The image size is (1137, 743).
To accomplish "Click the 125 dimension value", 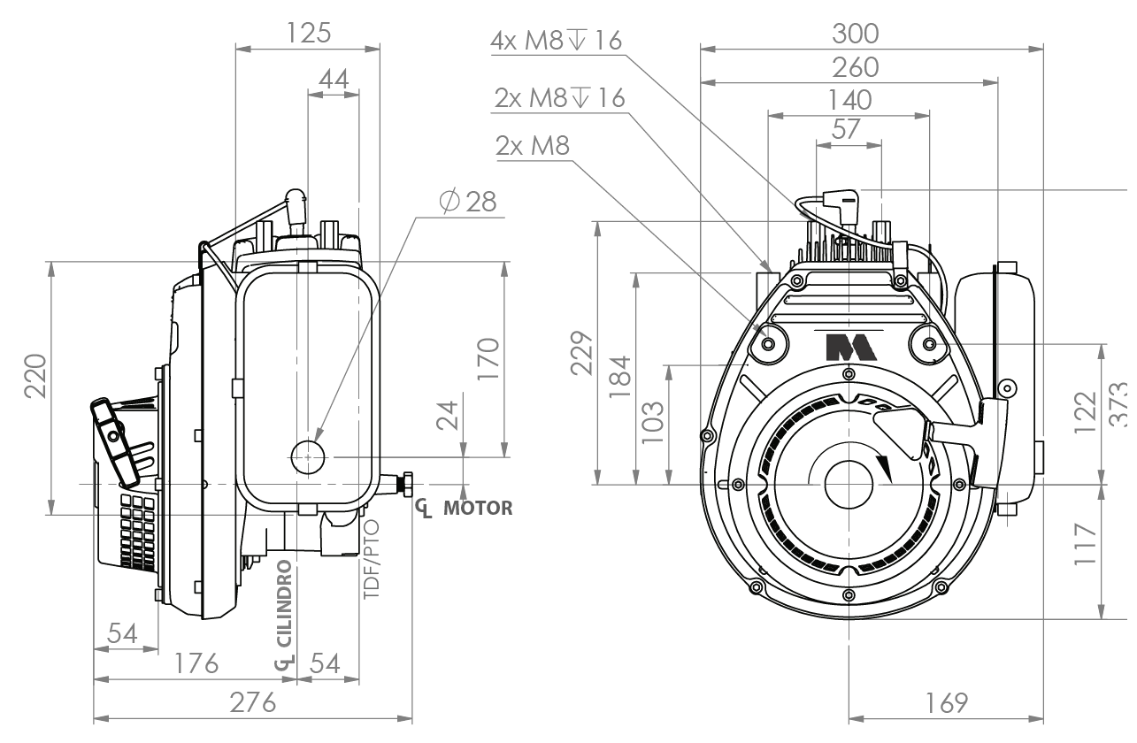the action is pyautogui.click(x=309, y=33).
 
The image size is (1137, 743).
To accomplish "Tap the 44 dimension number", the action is pyautogui.click(x=334, y=80).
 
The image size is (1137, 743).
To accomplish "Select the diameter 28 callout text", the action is pyautogui.click(x=468, y=202).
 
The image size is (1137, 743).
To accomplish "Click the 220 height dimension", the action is pyautogui.click(x=36, y=376).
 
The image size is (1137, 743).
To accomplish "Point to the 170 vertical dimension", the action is pyautogui.click(x=488, y=359).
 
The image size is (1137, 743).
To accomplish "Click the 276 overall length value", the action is pyautogui.click(x=253, y=702).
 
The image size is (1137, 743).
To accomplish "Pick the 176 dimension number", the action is pyautogui.click(x=196, y=663).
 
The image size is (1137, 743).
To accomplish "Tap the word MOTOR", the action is pyautogui.click(x=478, y=508).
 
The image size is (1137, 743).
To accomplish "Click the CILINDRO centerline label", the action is pyautogui.click(x=285, y=603).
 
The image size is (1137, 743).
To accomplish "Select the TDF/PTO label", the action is pyautogui.click(x=372, y=559).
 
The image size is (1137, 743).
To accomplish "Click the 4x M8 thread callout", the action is pyautogui.click(x=556, y=40).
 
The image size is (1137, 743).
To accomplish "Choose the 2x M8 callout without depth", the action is pyautogui.click(x=533, y=146).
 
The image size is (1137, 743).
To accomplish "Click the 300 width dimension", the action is pyautogui.click(x=856, y=34).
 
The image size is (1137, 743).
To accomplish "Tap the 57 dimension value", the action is pyautogui.click(x=846, y=129).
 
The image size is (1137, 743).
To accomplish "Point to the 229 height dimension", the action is pyautogui.click(x=581, y=353).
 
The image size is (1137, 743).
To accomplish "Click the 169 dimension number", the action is pyautogui.click(x=947, y=703).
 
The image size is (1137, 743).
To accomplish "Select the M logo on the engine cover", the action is pyautogui.click(x=851, y=347).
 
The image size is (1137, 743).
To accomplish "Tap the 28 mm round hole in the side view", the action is pyautogui.click(x=308, y=456).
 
